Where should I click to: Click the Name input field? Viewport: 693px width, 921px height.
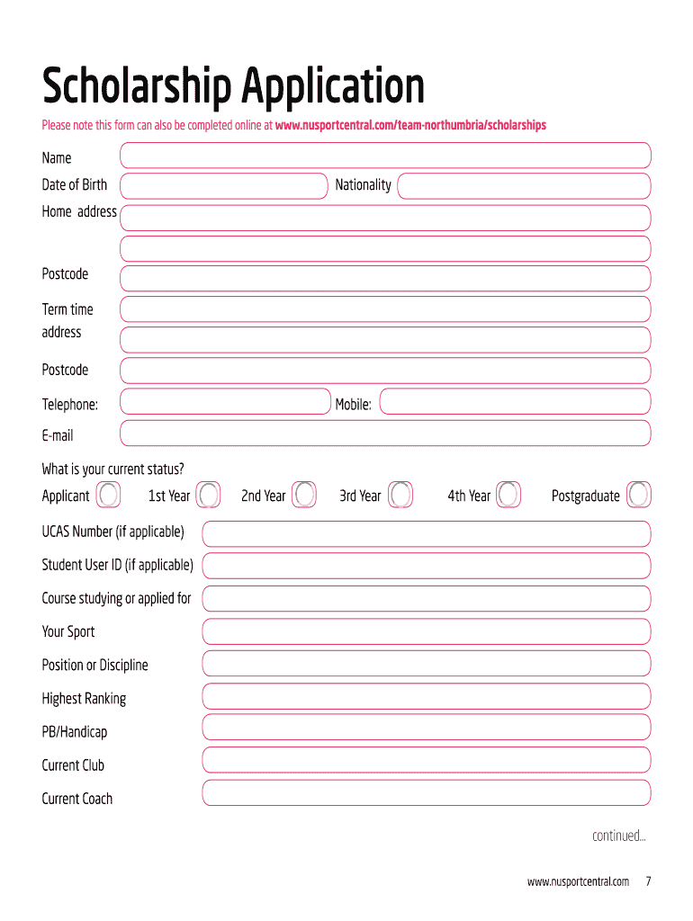point(385,156)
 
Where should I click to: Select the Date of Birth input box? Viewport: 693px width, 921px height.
point(224,186)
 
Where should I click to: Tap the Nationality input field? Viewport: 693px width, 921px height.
point(524,186)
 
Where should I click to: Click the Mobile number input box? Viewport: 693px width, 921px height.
point(515,402)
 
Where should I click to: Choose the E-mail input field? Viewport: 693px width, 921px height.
point(385,434)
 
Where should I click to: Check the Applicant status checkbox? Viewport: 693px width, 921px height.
point(108,495)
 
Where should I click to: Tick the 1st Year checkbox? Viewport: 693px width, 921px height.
point(209,495)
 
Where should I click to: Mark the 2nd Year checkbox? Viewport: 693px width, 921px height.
point(305,495)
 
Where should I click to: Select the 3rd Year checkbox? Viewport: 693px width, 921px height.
point(400,495)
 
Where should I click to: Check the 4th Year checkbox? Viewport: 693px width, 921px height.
point(508,495)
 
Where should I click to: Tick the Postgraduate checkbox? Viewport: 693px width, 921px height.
point(639,495)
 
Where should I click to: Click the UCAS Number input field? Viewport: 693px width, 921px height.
point(426,533)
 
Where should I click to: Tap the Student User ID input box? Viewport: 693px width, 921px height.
point(426,566)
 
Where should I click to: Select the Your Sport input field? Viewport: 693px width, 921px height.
point(426,631)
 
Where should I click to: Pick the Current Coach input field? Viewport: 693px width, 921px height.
point(426,793)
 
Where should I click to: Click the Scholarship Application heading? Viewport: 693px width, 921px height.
point(233,87)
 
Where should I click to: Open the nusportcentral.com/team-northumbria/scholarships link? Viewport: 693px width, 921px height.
point(411,125)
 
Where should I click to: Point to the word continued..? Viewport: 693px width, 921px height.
point(618,836)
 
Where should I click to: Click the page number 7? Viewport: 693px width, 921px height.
point(648,881)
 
